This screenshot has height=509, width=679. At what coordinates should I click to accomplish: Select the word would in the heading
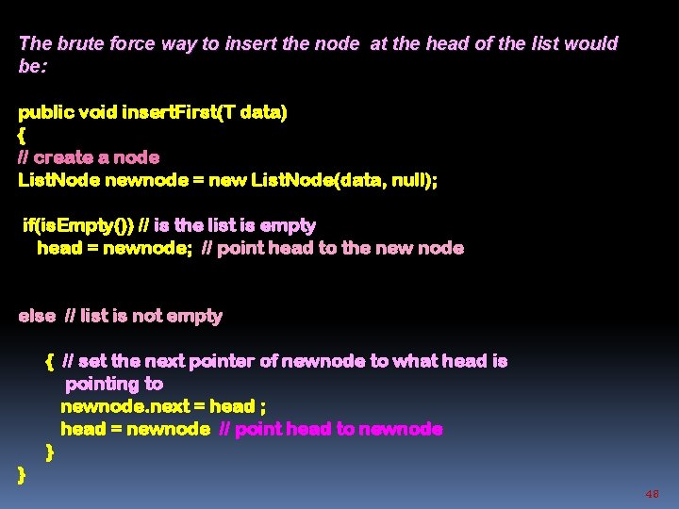593,43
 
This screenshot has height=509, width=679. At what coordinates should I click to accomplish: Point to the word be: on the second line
31,66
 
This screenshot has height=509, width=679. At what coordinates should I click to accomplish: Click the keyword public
46,112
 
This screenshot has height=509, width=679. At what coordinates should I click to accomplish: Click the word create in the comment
64,157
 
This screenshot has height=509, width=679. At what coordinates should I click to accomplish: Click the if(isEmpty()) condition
78,225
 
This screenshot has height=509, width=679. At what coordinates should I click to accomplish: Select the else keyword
37,316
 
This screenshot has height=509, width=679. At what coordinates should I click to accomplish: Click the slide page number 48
652,494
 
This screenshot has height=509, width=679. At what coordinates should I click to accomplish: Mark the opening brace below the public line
23,135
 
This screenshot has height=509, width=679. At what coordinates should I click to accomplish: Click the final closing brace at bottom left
22,474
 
